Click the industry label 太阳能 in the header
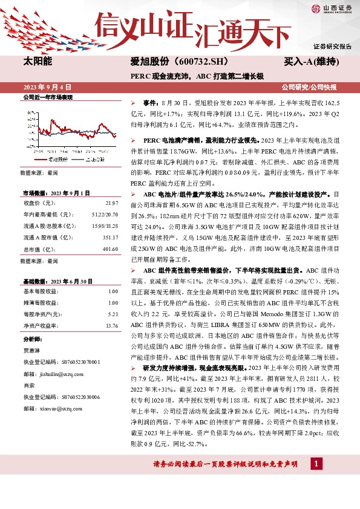38,62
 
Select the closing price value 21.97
111,203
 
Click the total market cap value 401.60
110,248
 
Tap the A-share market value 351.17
110,237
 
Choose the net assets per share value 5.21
112,314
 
